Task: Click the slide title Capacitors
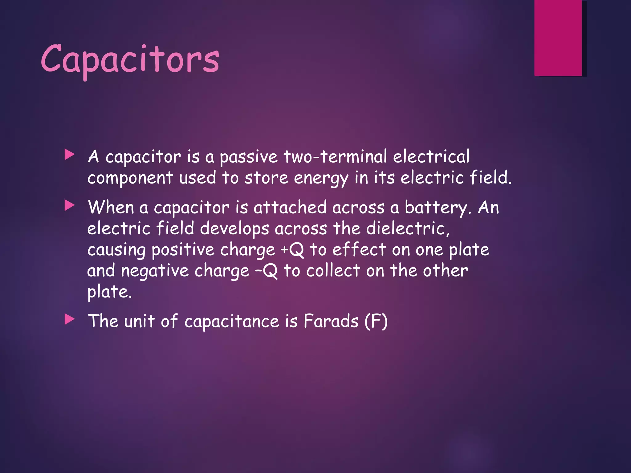tap(130, 60)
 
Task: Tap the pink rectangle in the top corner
tap(558, 38)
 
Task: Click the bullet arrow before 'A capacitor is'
tap(70, 155)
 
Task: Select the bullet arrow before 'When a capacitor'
tap(70, 206)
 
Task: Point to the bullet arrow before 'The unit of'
tap(70, 320)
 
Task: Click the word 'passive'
tap(248, 157)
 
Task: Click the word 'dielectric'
tap(408, 229)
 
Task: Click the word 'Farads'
tap(331, 321)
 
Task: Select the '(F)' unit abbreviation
tap(376, 321)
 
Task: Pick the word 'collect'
tap(333, 271)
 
